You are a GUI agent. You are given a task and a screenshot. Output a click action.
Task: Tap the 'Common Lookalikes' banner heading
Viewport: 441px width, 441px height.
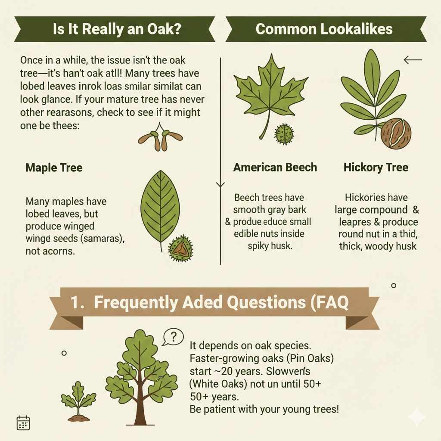coord(324,29)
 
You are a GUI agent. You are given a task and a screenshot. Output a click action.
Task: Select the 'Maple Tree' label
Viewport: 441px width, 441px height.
coord(54,167)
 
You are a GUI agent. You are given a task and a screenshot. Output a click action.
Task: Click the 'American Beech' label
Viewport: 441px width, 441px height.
coord(275,167)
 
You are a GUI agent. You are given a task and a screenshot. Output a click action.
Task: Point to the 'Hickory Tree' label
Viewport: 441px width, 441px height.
coord(376,167)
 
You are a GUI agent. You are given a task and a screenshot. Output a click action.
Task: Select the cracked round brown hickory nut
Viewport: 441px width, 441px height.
coord(396,134)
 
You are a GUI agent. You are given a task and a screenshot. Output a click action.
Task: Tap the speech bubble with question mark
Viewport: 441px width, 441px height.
coord(173,337)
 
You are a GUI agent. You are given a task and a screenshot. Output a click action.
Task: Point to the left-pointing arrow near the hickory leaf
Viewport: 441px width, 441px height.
coord(413,60)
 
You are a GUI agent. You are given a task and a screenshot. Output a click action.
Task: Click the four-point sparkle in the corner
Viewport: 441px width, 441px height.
coord(416,417)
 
